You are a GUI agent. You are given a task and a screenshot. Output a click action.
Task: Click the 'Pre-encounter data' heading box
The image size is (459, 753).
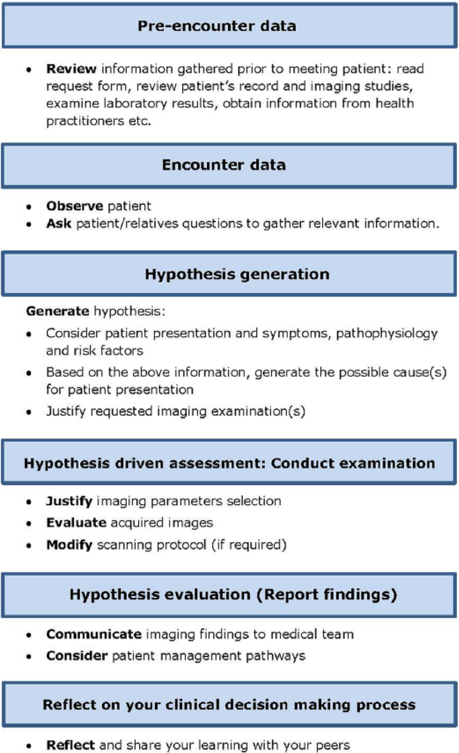pyautogui.click(x=229, y=26)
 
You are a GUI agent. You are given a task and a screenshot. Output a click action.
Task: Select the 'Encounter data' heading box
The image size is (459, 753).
pyautogui.click(x=229, y=166)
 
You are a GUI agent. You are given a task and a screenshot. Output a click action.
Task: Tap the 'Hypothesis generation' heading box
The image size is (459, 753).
pyautogui.click(x=229, y=273)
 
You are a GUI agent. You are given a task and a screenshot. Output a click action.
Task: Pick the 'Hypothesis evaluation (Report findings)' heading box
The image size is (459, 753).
pyautogui.click(x=229, y=595)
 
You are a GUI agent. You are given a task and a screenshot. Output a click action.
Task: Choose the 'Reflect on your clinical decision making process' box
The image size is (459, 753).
pyautogui.click(x=229, y=704)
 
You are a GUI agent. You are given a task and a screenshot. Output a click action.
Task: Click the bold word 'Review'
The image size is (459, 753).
pyautogui.click(x=71, y=68)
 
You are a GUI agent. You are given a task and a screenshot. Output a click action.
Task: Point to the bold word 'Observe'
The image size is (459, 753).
pyautogui.click(x=74, y=206)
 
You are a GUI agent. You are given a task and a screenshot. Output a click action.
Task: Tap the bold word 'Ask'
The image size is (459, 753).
pyautogui.click(x=59, y=223)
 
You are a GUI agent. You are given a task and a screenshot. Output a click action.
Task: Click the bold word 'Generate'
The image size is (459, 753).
pyautogui.click(x=58, y=311)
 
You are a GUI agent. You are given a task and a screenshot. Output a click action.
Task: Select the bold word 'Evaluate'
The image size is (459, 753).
pyautogui.click(x=76, y=523)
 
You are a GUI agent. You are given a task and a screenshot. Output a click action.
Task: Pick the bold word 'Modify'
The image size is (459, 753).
pyautogui.click(x=69, y=545)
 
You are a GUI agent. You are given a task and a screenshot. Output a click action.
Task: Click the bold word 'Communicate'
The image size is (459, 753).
pyautogui.click(x=93, y=634)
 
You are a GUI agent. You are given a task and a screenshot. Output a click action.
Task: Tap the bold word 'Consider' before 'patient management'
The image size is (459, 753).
pyautogui.click(x=77, y=655)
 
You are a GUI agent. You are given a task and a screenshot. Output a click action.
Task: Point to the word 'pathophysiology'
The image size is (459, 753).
pyautogui.click(x=387, y=334)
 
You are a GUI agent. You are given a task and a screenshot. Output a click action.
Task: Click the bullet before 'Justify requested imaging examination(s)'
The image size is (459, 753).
pyautogui.click(x=29, y=412)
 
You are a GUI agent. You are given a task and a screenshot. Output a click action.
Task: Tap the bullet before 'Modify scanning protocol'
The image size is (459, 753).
pyautogui.click(x=29, y=545)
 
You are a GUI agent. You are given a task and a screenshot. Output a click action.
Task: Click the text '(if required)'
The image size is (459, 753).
pyautogui.click(x=249, y=545)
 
